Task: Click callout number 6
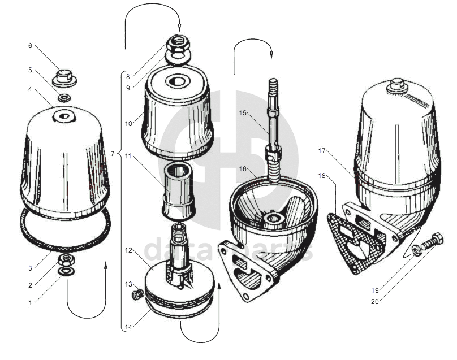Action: (30, 46)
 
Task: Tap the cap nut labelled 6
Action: (64, 76)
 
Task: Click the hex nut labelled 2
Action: (65, 260)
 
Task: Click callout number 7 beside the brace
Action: (113, 153)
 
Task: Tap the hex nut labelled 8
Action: (178, 44)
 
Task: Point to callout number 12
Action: (128, 250)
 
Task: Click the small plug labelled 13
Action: (136, 294)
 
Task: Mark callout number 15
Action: (243, 113)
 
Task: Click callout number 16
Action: (243, 168)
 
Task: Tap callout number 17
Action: (322, 151)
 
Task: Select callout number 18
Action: (322, 176)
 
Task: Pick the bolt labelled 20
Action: (435, 240)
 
